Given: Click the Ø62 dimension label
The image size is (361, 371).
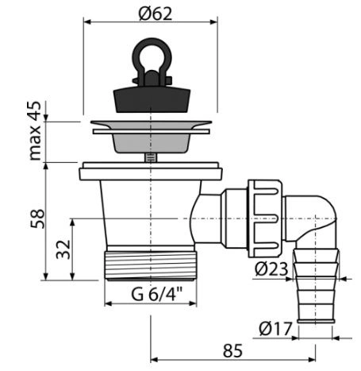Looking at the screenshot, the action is (156, 14).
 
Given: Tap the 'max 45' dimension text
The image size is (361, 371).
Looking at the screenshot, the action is (35, 131).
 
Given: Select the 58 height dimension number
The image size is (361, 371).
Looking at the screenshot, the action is (37, 218).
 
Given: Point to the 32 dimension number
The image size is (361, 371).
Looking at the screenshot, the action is (63, 249).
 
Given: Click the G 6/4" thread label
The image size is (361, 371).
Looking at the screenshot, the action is (157, 294).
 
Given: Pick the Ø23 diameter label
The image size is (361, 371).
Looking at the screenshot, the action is (271, 269).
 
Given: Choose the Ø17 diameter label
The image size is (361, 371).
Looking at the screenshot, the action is (275, 329).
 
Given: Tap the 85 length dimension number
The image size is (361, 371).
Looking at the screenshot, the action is (232, 350).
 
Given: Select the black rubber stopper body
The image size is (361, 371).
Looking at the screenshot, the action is (152, 99).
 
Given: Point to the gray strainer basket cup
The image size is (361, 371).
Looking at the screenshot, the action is (151, 143).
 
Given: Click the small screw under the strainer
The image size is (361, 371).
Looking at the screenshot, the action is (151, 157).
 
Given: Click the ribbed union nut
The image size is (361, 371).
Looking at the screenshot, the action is (265, 218).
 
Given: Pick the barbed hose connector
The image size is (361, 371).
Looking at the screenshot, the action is (316, 285).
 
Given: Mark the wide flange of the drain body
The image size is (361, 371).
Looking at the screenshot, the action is (151, 171).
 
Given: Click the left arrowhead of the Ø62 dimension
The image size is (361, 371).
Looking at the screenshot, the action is (87, 21).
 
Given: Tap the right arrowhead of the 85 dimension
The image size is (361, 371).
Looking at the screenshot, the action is (312, 360).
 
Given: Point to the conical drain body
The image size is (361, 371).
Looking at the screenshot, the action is (151, 213).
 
